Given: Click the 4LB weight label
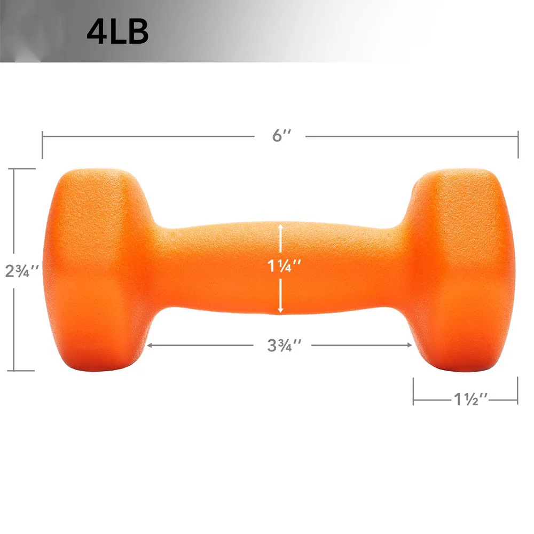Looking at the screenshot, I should tap(117, 32).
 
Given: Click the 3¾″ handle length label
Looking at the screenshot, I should tap(281, 345).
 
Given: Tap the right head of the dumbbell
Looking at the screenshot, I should tap(459, 270).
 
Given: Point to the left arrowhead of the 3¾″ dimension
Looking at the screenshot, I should tap(150, 345).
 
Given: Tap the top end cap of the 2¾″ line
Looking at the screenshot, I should tap(21, 169).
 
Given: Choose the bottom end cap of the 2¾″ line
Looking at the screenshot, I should tap(21, 370).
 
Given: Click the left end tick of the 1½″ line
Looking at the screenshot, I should tap(413, 391).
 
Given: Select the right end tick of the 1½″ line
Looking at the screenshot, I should tap(517, 391).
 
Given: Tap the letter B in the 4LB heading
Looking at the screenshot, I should tap(138, 32).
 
